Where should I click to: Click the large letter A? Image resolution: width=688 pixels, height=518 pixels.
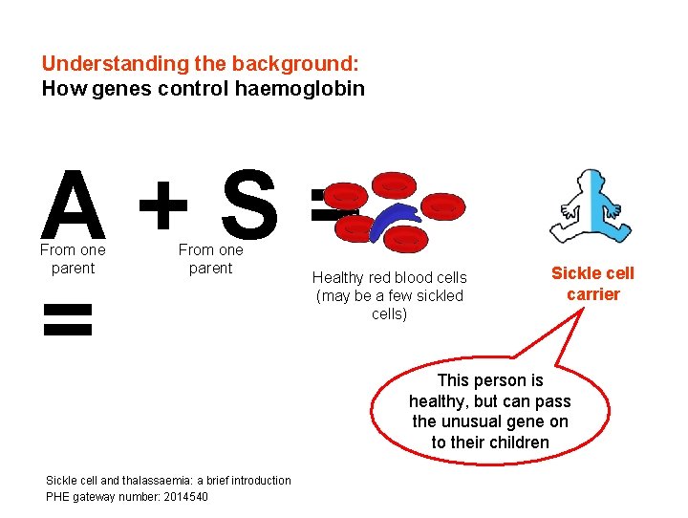click(x=73, y=205)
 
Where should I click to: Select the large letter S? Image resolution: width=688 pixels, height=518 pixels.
click(x=247, y=205)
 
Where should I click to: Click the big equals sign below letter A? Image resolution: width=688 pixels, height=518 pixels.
click(x=69, y=320)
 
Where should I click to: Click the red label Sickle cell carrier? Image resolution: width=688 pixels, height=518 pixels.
click(x=592, y=284)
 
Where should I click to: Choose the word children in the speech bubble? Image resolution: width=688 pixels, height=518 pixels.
click(x=517, y=442)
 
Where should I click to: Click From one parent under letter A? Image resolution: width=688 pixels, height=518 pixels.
click(x=73, y=259)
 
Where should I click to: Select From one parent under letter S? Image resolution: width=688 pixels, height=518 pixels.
click(x=210, y=259)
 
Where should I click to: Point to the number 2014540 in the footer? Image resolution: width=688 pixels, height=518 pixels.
click(x=182, y=496)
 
